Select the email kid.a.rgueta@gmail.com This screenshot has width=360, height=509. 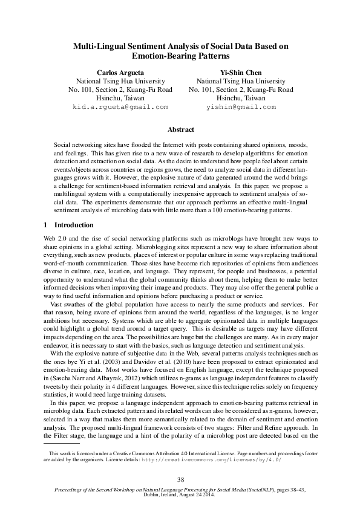pos(120,106)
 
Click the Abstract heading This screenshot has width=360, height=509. pos(180,130)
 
